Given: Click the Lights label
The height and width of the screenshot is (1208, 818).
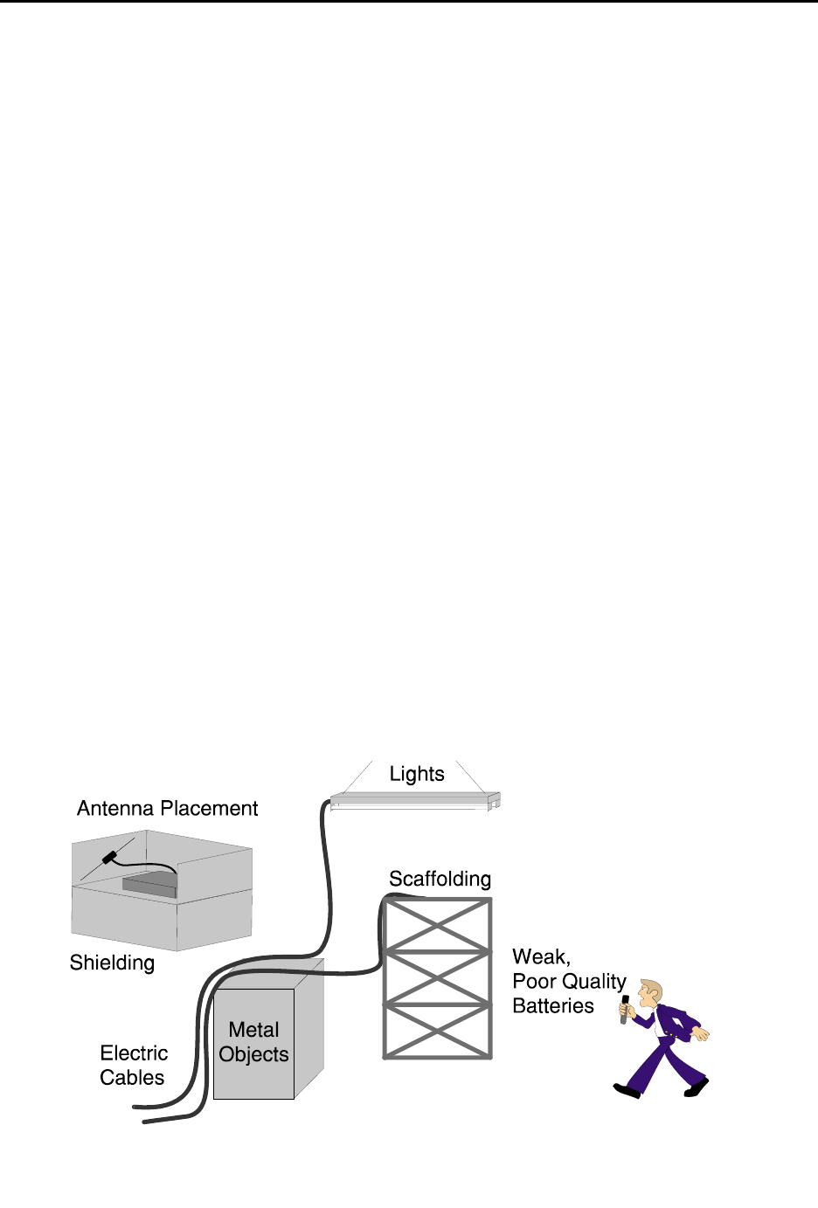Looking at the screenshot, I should tap(417, 774).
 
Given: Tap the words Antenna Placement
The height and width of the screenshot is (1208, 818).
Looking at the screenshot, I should tap(167, 809).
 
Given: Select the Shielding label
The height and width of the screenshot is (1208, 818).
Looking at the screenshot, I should tap(112, 963).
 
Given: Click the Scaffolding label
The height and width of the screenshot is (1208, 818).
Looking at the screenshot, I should tap(440, 879).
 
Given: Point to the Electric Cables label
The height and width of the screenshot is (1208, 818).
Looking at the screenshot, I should tap(133, 1065).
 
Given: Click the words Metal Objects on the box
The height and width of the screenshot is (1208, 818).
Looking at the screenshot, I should tap(253, 1042).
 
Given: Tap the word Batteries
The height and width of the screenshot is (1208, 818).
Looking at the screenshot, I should tap(552, 1006).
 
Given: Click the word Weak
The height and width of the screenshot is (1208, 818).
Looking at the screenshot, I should tap(540, 957).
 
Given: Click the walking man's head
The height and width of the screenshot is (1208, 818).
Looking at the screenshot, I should tap(650, 992).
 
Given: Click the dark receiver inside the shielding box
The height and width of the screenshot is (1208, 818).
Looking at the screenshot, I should tap(149, 883).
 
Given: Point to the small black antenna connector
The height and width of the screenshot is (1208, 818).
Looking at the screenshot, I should tap(109, 858).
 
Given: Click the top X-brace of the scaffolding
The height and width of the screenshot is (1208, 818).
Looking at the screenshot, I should tap(437, 925).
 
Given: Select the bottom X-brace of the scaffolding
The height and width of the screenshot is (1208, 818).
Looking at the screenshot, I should tap(437, 1032).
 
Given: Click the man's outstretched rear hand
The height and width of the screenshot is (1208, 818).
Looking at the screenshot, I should tap(700, 1034).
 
